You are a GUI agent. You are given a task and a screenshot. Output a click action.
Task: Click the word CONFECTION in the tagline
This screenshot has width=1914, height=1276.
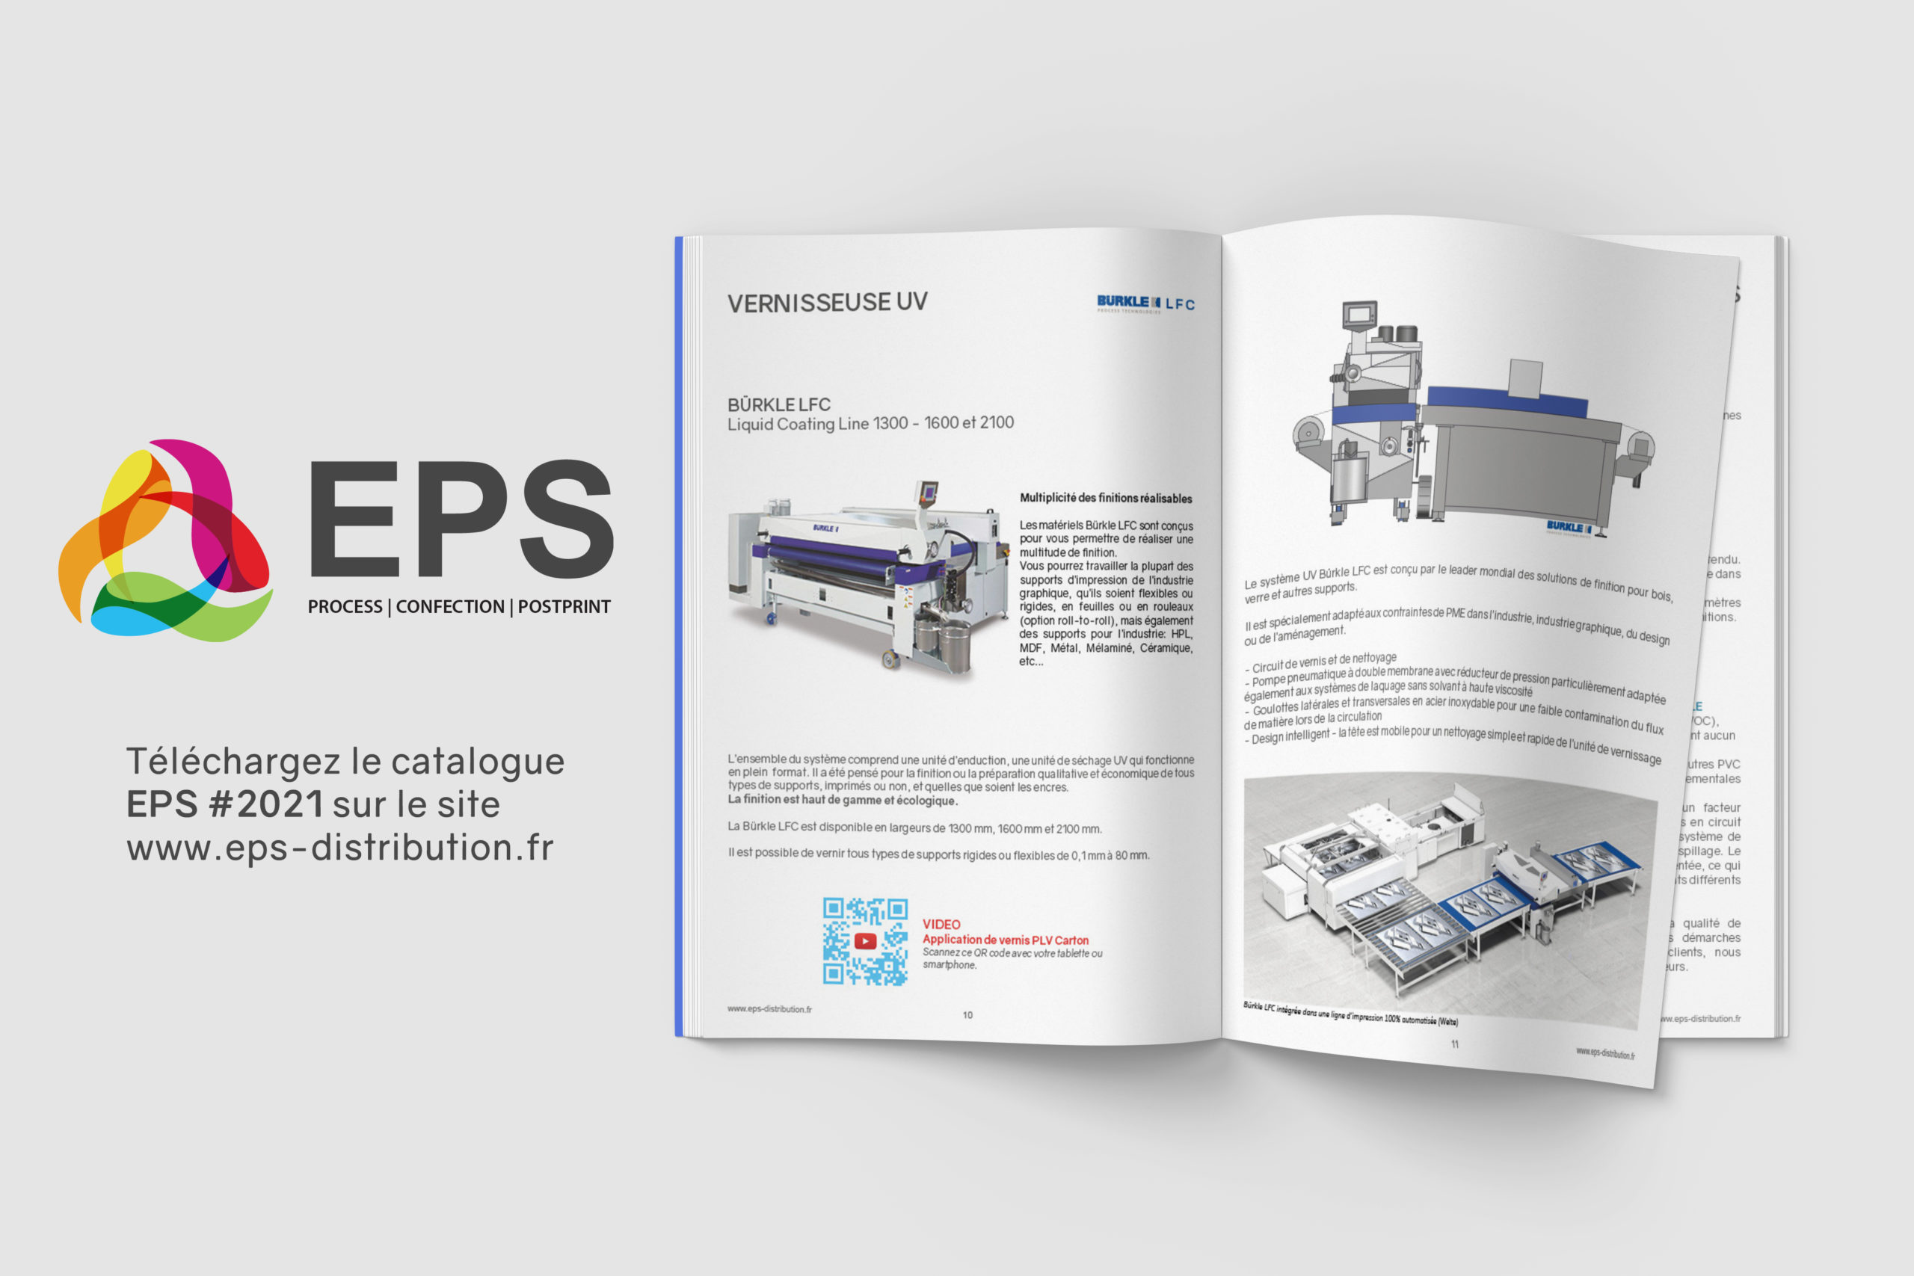[x=450, y=607]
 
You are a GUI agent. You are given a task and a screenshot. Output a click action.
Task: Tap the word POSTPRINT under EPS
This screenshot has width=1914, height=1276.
[x=564, y=607]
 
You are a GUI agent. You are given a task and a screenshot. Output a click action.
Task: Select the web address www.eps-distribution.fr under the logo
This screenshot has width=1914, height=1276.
[x=340, y=848]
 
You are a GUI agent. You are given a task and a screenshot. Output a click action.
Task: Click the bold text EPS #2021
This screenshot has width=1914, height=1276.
[x=224, y=805]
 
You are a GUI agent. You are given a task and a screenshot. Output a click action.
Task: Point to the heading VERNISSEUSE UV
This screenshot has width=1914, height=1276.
[x=827, y=303]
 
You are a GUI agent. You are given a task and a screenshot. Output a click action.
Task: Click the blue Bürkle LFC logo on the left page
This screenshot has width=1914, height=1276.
[x=1145, y=303]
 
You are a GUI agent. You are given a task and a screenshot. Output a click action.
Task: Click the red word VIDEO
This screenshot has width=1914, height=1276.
[x=941, y=925]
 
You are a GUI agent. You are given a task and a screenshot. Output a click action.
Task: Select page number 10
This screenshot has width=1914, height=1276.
[x=967, y=1015]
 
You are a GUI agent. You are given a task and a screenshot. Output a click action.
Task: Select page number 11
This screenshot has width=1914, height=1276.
[x=1454, y=1044]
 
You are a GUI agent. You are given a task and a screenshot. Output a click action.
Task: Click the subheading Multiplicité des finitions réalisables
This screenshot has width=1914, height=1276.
[x=1105, y=498]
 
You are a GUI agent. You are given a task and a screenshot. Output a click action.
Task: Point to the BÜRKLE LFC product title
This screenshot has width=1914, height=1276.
[x=779, y=404]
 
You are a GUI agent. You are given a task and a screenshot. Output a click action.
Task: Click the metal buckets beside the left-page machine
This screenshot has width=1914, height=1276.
[x=944, y=643]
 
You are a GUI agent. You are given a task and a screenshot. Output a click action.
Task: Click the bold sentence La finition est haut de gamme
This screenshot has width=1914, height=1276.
[x=843, y=800]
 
